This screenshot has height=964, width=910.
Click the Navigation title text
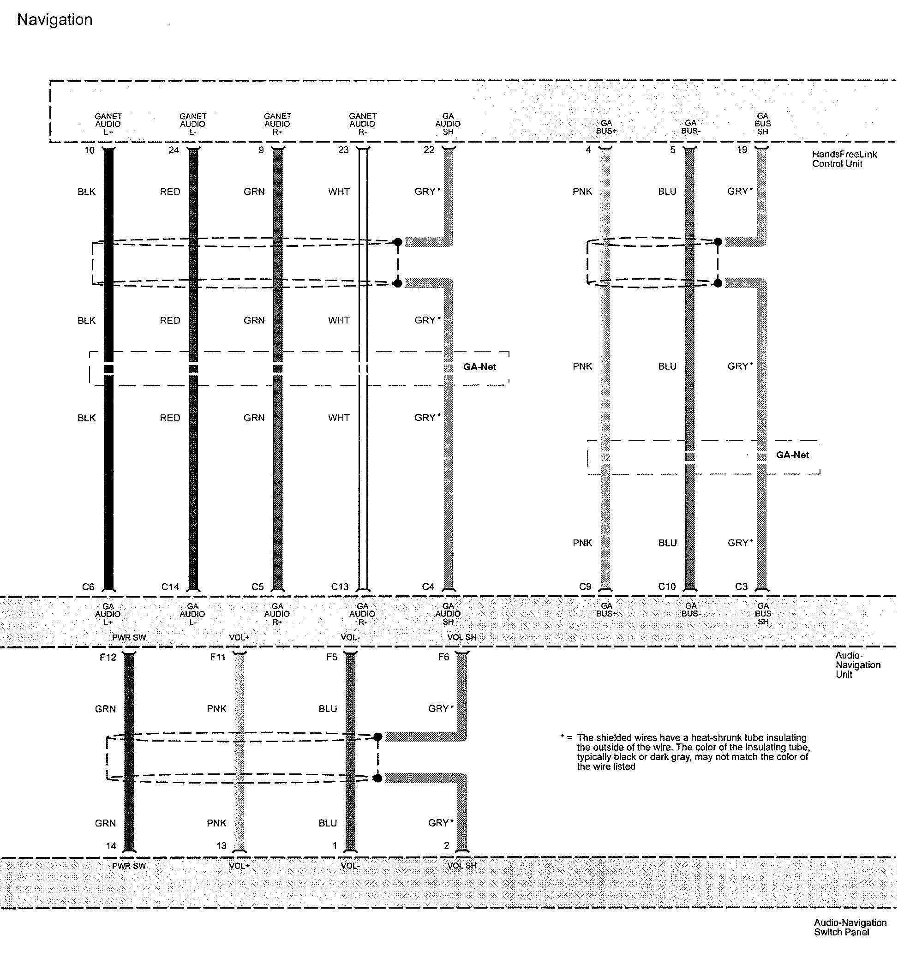54,20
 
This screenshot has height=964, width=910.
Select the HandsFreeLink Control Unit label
844,159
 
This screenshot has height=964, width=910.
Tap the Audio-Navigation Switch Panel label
850,927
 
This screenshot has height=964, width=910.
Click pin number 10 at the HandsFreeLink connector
90,150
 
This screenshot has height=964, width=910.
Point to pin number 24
174,150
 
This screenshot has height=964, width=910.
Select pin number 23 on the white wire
343,150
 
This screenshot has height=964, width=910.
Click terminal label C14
170,587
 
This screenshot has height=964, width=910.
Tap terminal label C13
340,587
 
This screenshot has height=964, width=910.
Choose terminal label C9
586,587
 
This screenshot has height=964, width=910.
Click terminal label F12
108,658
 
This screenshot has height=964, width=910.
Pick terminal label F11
218,658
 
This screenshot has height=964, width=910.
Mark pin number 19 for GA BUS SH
742,150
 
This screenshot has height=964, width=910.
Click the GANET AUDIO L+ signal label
108,124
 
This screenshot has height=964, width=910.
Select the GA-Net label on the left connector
480,367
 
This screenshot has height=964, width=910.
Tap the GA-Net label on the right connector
793,455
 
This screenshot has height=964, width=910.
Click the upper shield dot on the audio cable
398,242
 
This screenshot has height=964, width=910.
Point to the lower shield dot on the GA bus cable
718,283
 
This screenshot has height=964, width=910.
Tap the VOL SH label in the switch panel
462,866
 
